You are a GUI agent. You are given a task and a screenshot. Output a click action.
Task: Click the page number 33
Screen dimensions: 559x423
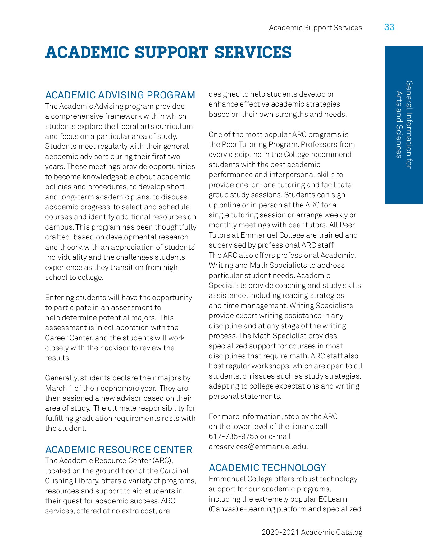coord(389,27)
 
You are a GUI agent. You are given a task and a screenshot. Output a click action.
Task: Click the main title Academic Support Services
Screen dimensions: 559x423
coord(168,52)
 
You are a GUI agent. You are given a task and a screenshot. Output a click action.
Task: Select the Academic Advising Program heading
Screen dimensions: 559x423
coord(120,95)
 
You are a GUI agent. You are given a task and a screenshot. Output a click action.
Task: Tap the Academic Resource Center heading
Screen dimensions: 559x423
coord(119,450)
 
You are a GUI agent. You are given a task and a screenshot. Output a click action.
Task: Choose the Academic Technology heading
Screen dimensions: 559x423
coord(267,468)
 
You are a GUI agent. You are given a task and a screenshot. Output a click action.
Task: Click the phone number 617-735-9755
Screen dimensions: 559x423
coord(233,436)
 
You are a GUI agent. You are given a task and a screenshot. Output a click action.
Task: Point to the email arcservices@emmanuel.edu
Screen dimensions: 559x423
coord(258,447)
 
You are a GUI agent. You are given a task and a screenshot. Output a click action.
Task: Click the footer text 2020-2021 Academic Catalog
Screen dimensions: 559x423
coord(312,532)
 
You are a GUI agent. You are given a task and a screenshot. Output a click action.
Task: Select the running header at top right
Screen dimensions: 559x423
coord(315,28)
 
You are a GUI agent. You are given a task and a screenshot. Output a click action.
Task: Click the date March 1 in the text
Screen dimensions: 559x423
coord(56,388)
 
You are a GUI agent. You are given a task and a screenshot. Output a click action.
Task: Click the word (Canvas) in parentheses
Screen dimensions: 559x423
coord(223,509)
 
